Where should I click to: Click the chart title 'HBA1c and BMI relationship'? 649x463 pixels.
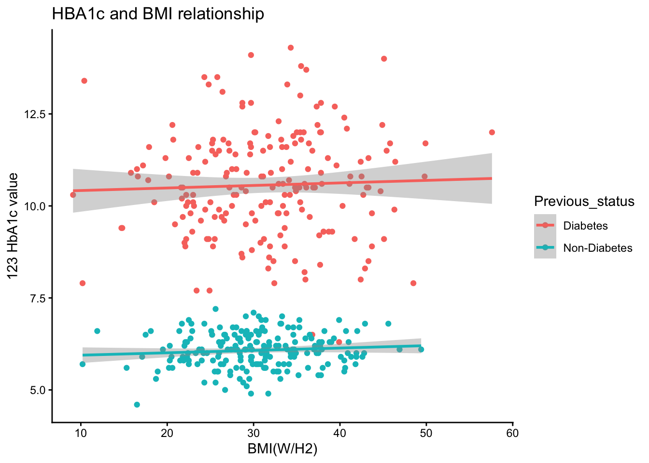(158, 14)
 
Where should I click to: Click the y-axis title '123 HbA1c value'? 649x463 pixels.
(13, 226)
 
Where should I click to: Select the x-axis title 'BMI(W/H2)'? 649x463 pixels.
(282, 449)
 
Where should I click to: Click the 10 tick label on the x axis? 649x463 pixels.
(81, 433)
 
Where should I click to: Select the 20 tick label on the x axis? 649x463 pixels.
(167, 433)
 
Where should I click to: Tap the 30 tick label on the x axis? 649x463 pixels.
(254, 433)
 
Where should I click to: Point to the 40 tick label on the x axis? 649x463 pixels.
(340, 433)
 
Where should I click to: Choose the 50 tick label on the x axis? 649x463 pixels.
(426, 433)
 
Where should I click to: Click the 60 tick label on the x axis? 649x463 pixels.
(513, 433)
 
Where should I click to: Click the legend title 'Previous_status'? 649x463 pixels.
(584, 201)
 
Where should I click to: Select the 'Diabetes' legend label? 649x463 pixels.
(585, 226)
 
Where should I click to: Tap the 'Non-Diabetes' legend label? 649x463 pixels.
(598, 248)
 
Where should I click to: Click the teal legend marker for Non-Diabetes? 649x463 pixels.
(545, 248)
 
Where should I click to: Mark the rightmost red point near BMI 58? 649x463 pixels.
(492, 132)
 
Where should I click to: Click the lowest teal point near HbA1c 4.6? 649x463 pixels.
(137, 405)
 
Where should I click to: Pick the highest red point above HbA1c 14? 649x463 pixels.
(291, 48)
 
